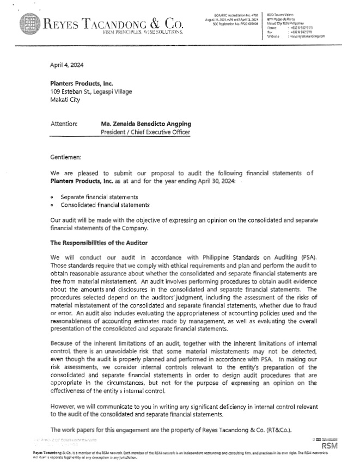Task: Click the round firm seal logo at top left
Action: point(30,24)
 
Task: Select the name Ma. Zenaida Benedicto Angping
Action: point(146,124)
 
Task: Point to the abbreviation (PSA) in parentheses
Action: point(299,257)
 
